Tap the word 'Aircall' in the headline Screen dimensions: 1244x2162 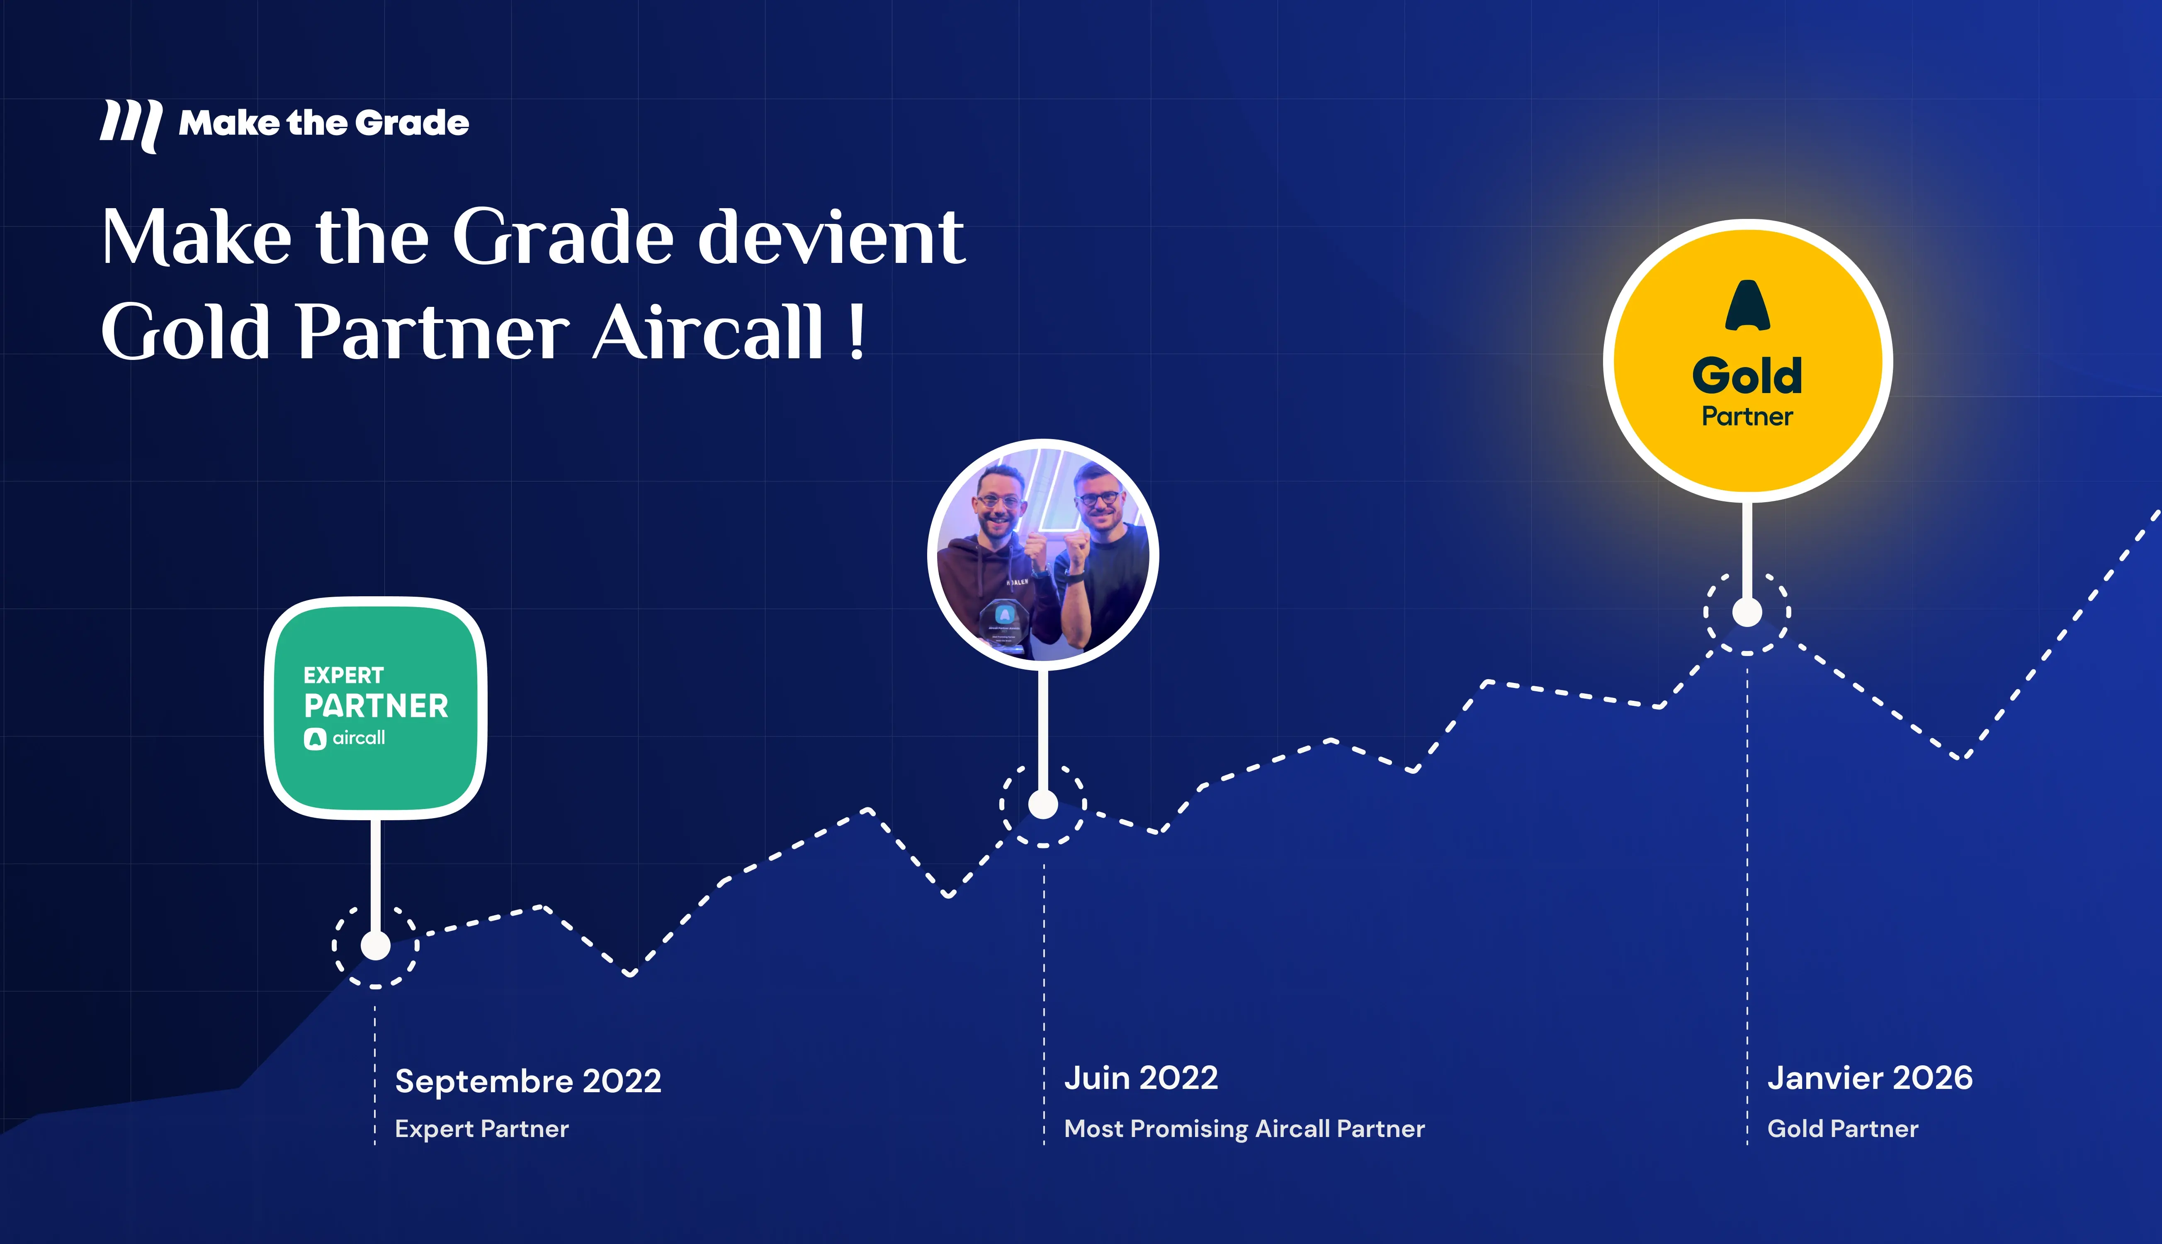coord(707,333)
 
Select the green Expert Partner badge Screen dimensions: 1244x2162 coord(376,707)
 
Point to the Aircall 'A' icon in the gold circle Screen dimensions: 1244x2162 coord(1747,306)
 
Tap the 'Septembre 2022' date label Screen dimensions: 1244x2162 coord(528,1081)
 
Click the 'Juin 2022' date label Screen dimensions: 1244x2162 coord(1140,1078)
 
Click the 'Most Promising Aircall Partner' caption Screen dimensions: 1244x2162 coord(1244,1129)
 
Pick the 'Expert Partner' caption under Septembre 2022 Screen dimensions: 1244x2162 coord(481,1129)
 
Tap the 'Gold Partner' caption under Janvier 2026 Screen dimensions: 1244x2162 coord(1843,1129)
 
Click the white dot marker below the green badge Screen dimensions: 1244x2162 coord(376,946)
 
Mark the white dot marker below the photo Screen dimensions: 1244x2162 coord(1043,804)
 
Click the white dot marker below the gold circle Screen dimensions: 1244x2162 coord(1747,612)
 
